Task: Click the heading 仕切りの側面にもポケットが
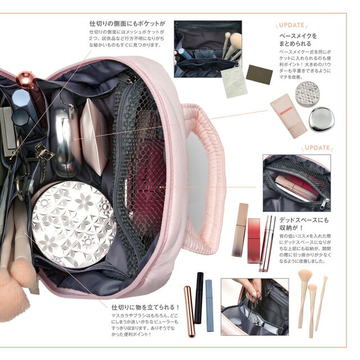(127, 24)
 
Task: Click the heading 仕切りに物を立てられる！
(145, 307)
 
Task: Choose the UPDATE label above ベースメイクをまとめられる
(291, 25)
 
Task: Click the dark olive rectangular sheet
(260, 74)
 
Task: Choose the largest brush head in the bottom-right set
(305, 277)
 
